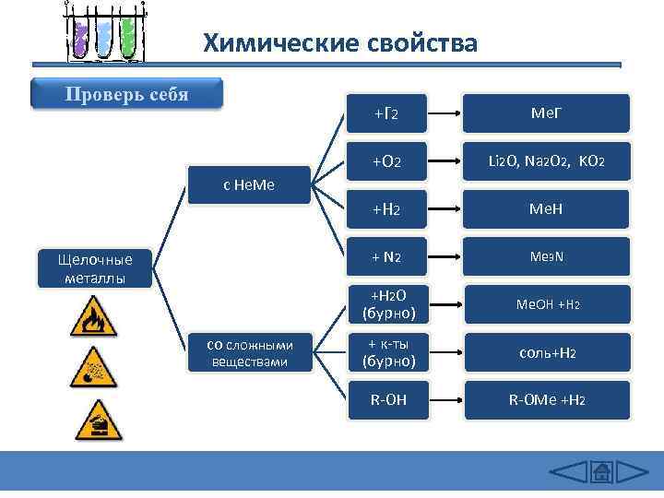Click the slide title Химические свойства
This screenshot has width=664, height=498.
[340, 43]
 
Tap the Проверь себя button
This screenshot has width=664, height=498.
[126, 95]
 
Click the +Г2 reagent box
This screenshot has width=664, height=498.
[385, 113]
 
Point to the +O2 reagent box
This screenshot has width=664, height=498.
[385, 161]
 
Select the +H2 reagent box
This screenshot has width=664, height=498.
[385, 209]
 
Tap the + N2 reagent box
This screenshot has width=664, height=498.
[385, 256]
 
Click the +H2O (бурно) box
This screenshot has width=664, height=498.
[387, 304]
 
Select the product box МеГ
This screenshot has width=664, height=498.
[547, 113]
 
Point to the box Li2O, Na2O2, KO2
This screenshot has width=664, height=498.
[547, 161]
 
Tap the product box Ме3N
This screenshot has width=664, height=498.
[547, 256]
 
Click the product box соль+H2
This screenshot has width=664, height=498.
[547, 352]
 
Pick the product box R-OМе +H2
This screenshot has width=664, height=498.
[547, 400]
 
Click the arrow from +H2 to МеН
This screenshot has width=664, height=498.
[446, 209]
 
